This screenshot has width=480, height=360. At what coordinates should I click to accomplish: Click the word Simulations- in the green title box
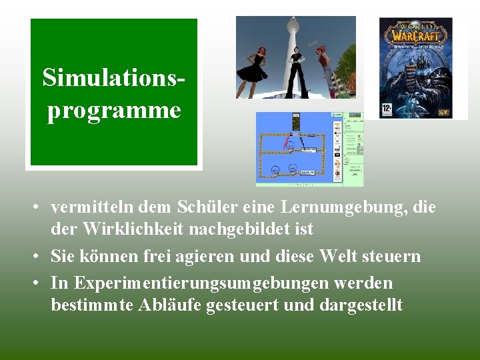pyautogui.click(x=114, y=78)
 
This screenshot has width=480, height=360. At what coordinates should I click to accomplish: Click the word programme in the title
pyautogui.click(x=114, y=110)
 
